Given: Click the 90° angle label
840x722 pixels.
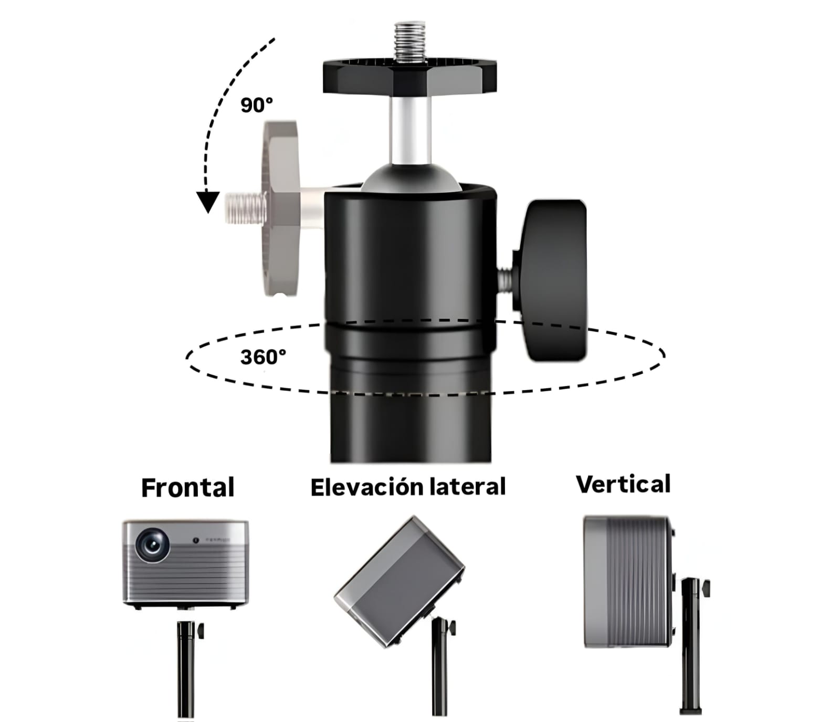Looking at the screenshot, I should [x=257, y=105].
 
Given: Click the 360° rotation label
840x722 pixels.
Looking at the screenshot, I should [x=263, y=357].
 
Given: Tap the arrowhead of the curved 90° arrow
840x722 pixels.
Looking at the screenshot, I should [x=208, y=202].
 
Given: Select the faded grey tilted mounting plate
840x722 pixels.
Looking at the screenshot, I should [x=281, y=207].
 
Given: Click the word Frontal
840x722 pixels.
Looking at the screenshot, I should [x=188, y=488].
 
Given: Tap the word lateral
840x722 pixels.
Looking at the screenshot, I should [x=467, y=487].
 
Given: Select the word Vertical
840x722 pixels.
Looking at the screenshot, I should [x=623, y=484].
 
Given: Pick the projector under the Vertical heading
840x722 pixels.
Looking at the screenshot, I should [x=627, y=581].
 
